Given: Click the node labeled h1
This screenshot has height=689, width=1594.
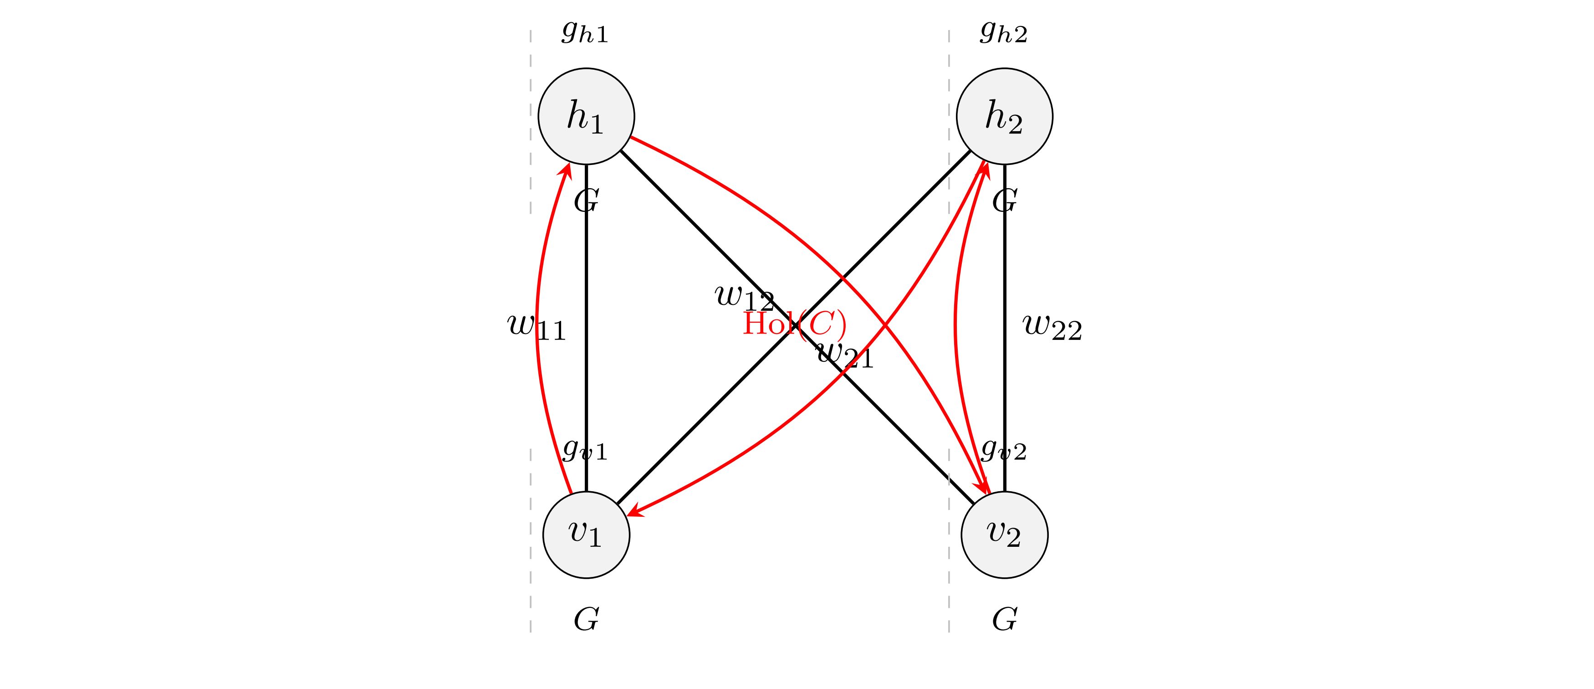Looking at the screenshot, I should click(586, 116).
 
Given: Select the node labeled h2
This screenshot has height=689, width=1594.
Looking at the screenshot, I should click(1004, 116).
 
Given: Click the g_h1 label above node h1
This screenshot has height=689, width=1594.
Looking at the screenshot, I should click(585, 32).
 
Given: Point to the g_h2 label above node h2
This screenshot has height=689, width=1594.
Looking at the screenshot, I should click(1003, 32).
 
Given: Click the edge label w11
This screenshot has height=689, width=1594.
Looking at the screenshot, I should click(536, 327).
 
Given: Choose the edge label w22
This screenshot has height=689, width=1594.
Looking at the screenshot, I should click(1052, 327).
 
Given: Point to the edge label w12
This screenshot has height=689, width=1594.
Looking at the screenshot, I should click(744, 297).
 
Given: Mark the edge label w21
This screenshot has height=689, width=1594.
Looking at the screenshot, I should click(845, 355).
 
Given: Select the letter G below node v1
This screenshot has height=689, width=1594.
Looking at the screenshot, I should click(586, 619).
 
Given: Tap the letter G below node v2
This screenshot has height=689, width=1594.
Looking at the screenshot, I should click(1004, 619).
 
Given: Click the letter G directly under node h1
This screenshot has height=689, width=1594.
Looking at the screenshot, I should click(586, 201).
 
